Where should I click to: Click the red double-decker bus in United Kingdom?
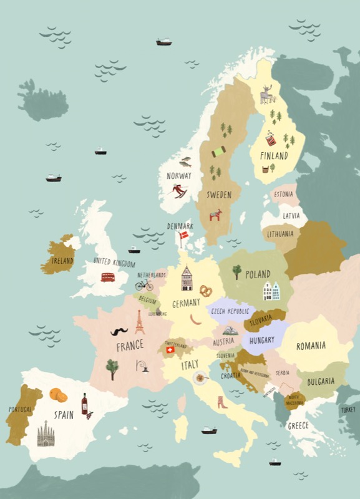tap(107, 277)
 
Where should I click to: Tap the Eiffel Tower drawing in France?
tap(140, 322)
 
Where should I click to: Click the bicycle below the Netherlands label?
tap(144, 284)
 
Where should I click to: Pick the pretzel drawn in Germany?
tap(205, 290)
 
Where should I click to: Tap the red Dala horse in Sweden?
tap(216, 216)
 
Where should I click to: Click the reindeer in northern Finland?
tap(267, 94)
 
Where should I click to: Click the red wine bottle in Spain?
tap(84, 403)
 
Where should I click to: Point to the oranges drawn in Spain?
tap(58, 395)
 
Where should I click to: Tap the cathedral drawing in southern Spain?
tap(46, 434)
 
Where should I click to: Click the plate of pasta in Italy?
tap(200, 377)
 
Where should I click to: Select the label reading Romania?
tap(311, 346)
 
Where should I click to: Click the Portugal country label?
tap(20, 410)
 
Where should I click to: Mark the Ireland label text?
tap(62, 261)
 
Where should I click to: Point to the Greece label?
tap(298, 426)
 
